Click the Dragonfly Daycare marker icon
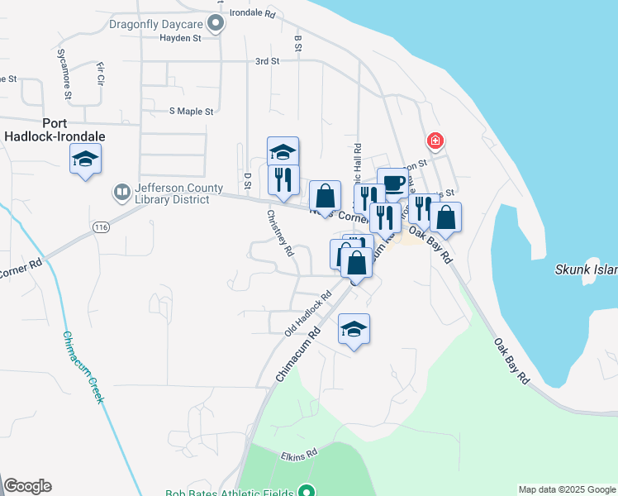216,24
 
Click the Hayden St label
180,38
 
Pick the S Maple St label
191,111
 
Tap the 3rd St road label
267,61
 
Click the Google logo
27,486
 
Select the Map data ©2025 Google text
567,489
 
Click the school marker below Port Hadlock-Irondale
85,158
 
